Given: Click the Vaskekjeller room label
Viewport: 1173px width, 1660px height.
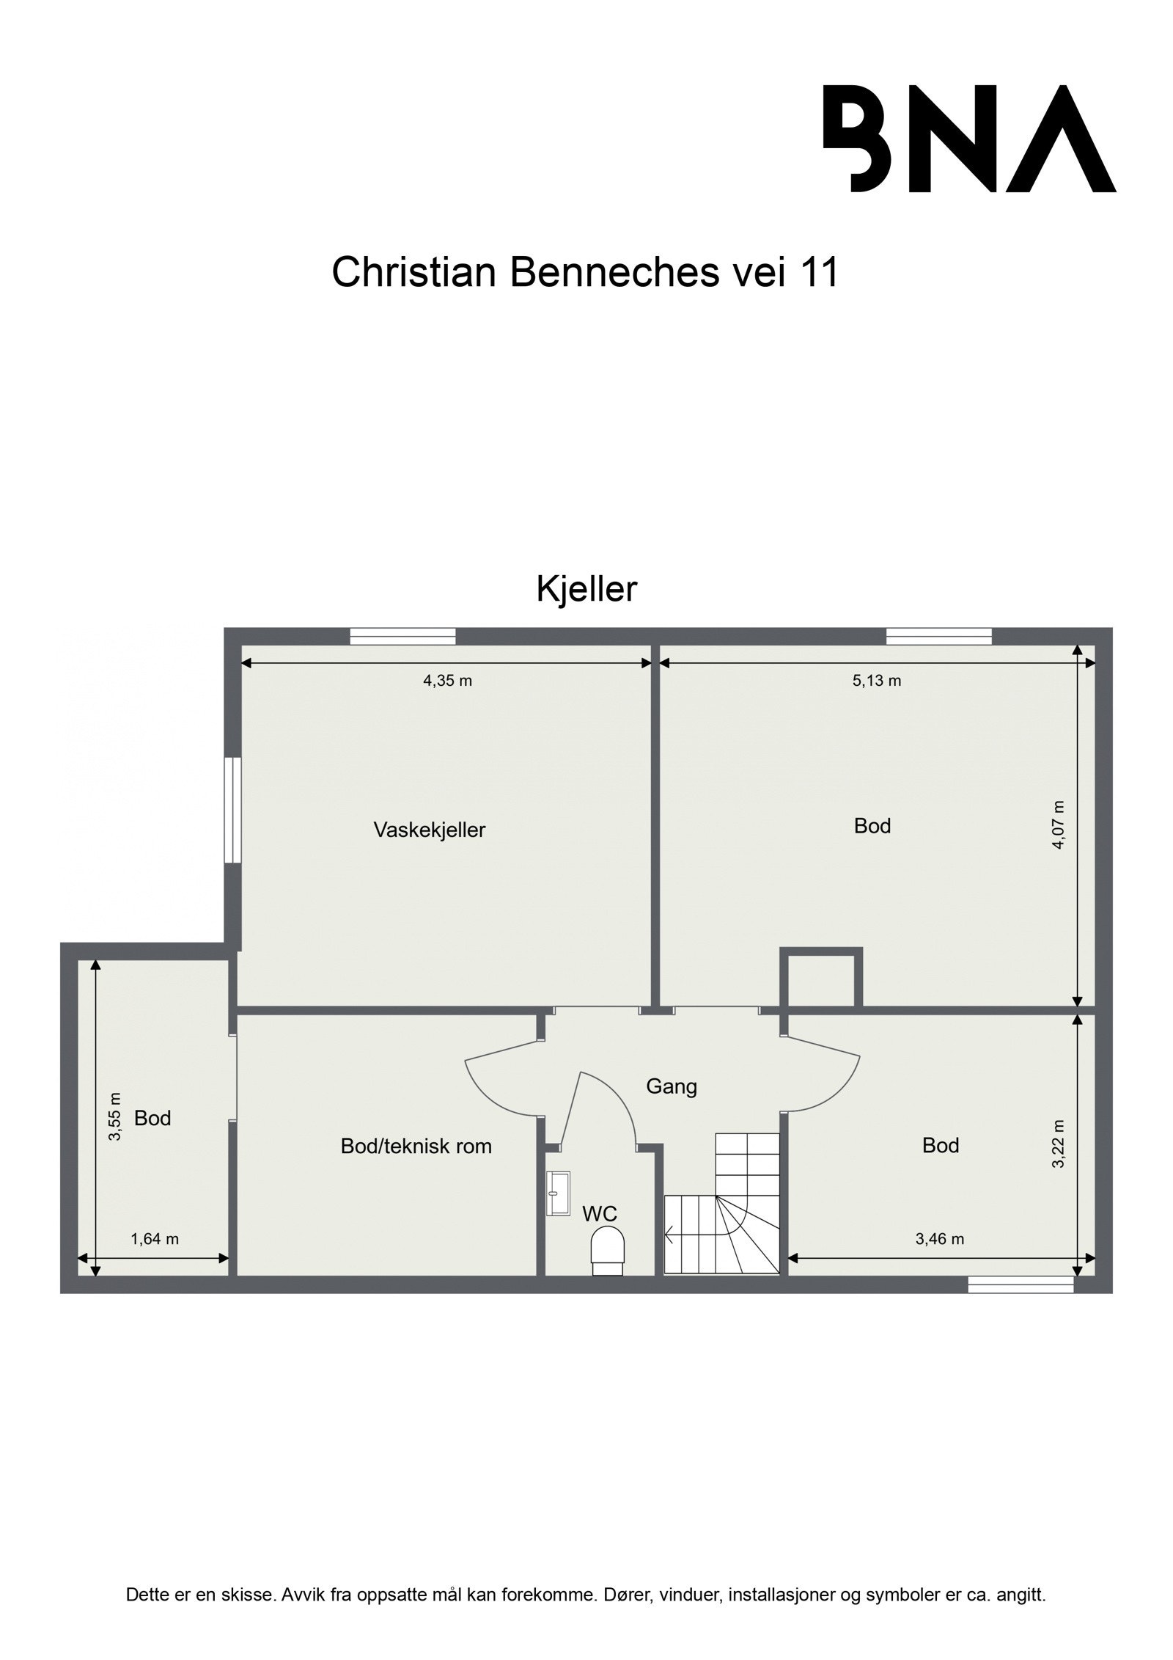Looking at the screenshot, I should click(x=430, y=830).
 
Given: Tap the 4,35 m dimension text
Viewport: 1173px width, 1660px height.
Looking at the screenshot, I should click(x=447, y=680).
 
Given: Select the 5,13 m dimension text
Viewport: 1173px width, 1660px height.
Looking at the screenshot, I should click(x=876, y=680).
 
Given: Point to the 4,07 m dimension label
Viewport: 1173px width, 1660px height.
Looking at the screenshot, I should click(x=1058, y=824).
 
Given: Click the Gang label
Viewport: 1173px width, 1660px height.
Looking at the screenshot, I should click(x=671, y=1086).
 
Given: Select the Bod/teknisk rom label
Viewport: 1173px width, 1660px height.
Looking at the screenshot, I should click(x=416, y=1146).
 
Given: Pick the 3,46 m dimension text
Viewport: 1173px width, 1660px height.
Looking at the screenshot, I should click(x=939, y=1239).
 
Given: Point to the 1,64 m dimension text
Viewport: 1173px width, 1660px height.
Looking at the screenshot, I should click(x=155, y=1239).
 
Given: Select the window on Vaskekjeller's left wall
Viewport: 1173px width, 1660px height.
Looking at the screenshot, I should click(x=232, y=810).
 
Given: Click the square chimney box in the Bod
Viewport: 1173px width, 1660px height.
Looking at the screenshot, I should click(x=820, y=979).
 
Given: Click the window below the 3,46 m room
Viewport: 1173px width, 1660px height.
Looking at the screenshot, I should click(x=1020, y=1284).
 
